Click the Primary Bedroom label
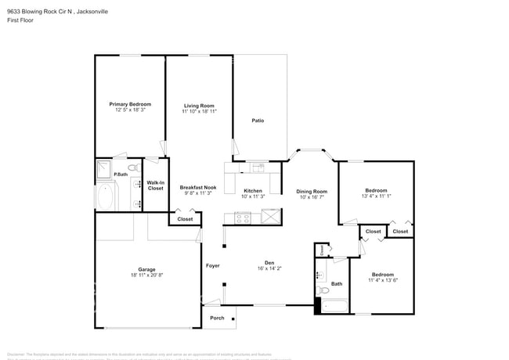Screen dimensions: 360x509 coord(130,104)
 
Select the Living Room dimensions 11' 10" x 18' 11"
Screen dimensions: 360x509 coord(199,112)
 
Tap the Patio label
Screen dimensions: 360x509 coord(258,121)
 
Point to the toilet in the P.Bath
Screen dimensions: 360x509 coord(132,168)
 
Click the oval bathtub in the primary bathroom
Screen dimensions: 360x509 coord(106,196)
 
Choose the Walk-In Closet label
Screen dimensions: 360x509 coord(156,185)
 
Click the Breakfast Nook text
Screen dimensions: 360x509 coord(198,187)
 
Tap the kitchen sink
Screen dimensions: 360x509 coord(258,167)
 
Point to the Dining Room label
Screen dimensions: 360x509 coord(312,191)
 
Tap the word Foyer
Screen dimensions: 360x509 coord(213,266)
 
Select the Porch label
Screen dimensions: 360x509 coord(217,318)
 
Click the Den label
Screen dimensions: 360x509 coord(269,263)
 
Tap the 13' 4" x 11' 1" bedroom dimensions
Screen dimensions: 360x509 coord(376,196)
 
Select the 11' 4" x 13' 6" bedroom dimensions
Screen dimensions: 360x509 coord(383,281)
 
